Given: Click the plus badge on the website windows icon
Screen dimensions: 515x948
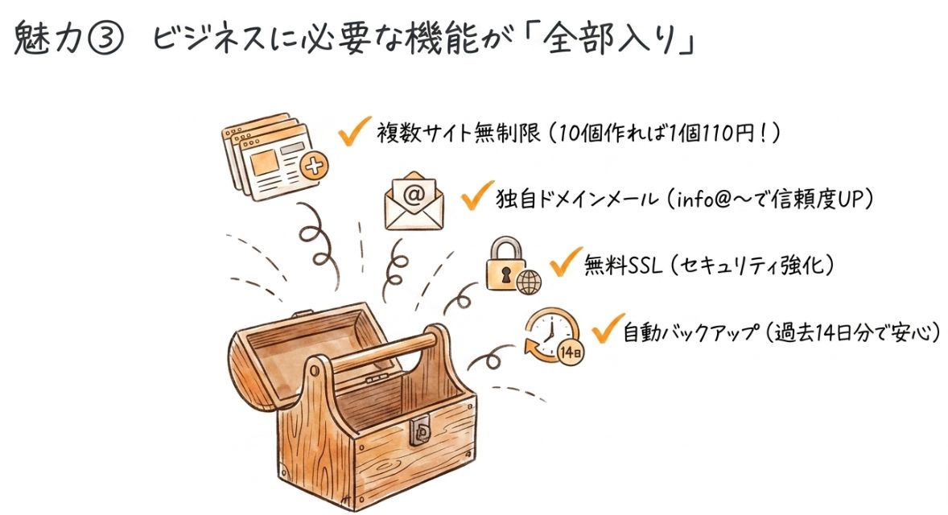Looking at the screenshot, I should pyautogui.click(x=313, y=167).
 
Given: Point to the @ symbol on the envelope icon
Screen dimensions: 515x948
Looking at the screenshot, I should pyautogui.click(x=413, y=194).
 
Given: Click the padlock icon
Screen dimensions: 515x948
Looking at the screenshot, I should pyautogui.click(x=505, y=266).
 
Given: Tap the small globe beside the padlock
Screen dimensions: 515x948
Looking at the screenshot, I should pyautogui.click(x=529, y=282).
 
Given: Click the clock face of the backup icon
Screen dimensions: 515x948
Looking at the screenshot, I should pyautogui.click(x=551, y=331).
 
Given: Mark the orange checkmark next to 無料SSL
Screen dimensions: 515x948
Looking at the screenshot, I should pyautogui.click(x=564, y=262).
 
